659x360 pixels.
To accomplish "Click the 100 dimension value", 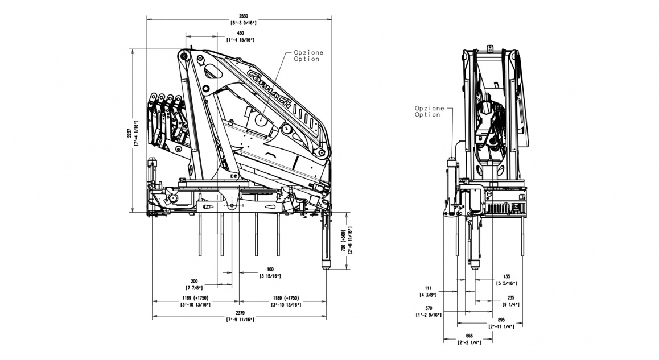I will click(x=270, y=270).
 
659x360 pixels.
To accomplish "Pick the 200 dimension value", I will click(x=195, y=282).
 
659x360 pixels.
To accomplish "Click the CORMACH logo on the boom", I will click(x=270, y=89).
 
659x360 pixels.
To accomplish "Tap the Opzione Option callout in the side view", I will click(x=308, y=56).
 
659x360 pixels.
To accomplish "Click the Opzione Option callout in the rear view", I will click(x=427, y=111).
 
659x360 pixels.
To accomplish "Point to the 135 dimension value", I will click(x=506, y=277).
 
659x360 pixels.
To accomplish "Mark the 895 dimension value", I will click(x=501, y=320).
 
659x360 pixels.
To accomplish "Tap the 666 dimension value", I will click(x=469, y=336).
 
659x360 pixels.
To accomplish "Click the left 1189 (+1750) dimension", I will click(x=194, y=299).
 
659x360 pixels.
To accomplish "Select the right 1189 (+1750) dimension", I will click(x=285, y=299).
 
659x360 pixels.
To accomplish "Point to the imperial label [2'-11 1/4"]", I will click(x=501, y=326).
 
